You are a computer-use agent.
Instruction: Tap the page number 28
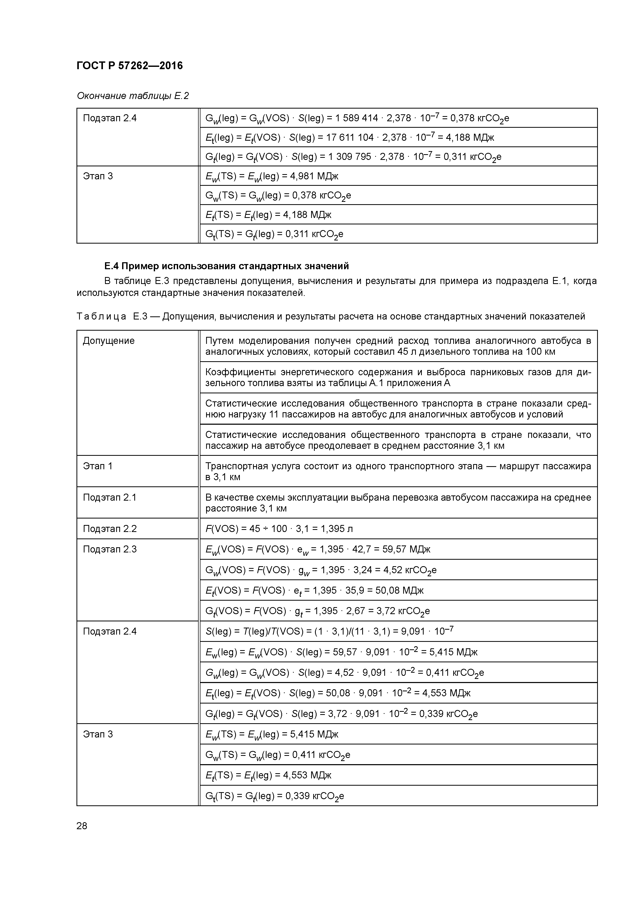82,826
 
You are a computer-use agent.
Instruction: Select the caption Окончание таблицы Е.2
133,96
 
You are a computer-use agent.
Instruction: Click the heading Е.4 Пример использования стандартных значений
226,266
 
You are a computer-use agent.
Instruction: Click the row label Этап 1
97,466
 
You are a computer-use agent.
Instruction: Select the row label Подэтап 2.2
109,529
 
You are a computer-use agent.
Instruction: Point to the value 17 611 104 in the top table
350,137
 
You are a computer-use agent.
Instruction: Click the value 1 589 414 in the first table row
357,118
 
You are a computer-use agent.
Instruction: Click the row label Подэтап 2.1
109,497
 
